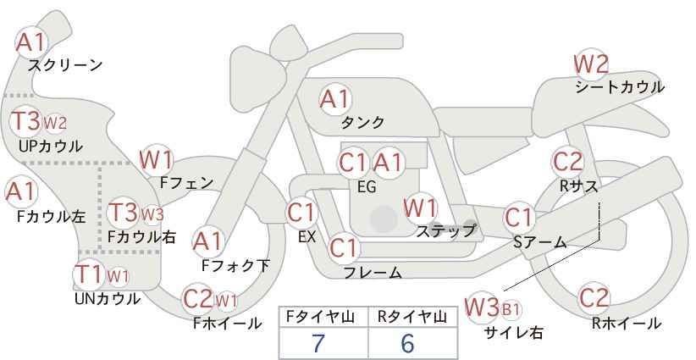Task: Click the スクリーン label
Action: pyautogui.click(x=65, y=66)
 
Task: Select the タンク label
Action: pyautogui.click(x=362, y=122)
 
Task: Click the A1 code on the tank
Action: pyautogui.click(x=335, y=99)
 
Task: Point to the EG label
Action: pyautogui.click(x=367, y=187)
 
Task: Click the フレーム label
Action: pyautogui.click(x=373, y=273)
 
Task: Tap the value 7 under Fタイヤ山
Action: pyautogui.click(x=318, y=343)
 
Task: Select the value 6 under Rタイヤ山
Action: pyautogui.click(x=407, y=343)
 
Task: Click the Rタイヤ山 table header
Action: pyautogui.click(x=412, y=317)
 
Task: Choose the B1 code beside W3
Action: pyautogui.click(x=511, y=309)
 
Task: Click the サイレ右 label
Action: pyautogui.click(x=514, y=333)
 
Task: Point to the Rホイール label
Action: pyautogui.click(x=626, y=324)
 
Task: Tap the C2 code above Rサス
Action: pyautogui.click(x=567, y=162)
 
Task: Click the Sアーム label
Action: pyautogui.click(x=540, y=242)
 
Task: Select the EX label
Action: pyautogui.click(x=307, y=237)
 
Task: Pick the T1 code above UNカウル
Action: pyautogui.click(x=90, y=274)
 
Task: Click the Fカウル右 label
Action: pyautogui.click(x=141, y=237)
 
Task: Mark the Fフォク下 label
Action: pyautogui.click(x=235, y=265)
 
